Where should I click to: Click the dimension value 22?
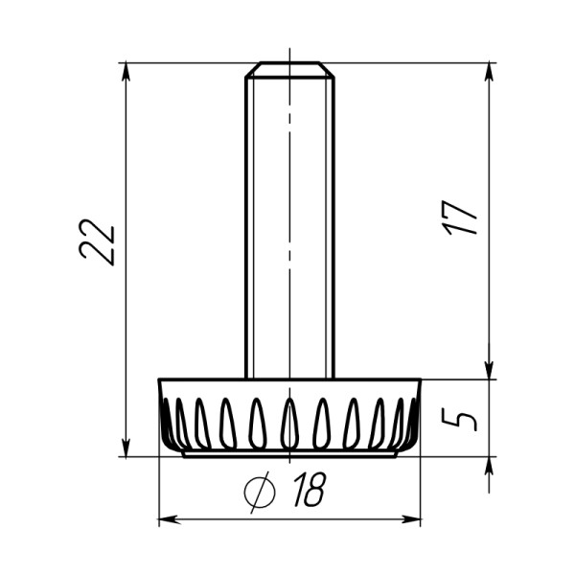[98, 242]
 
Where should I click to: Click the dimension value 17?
[459, 218]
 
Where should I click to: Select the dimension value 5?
[459, 420]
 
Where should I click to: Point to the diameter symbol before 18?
[260, 492]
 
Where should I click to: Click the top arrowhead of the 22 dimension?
[126, 72]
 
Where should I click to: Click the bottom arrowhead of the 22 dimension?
[126, 448]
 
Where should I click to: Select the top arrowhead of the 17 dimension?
[489, 72]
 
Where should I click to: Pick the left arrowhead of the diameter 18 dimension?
[169, 519]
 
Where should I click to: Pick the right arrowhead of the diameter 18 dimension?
[411, 519]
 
